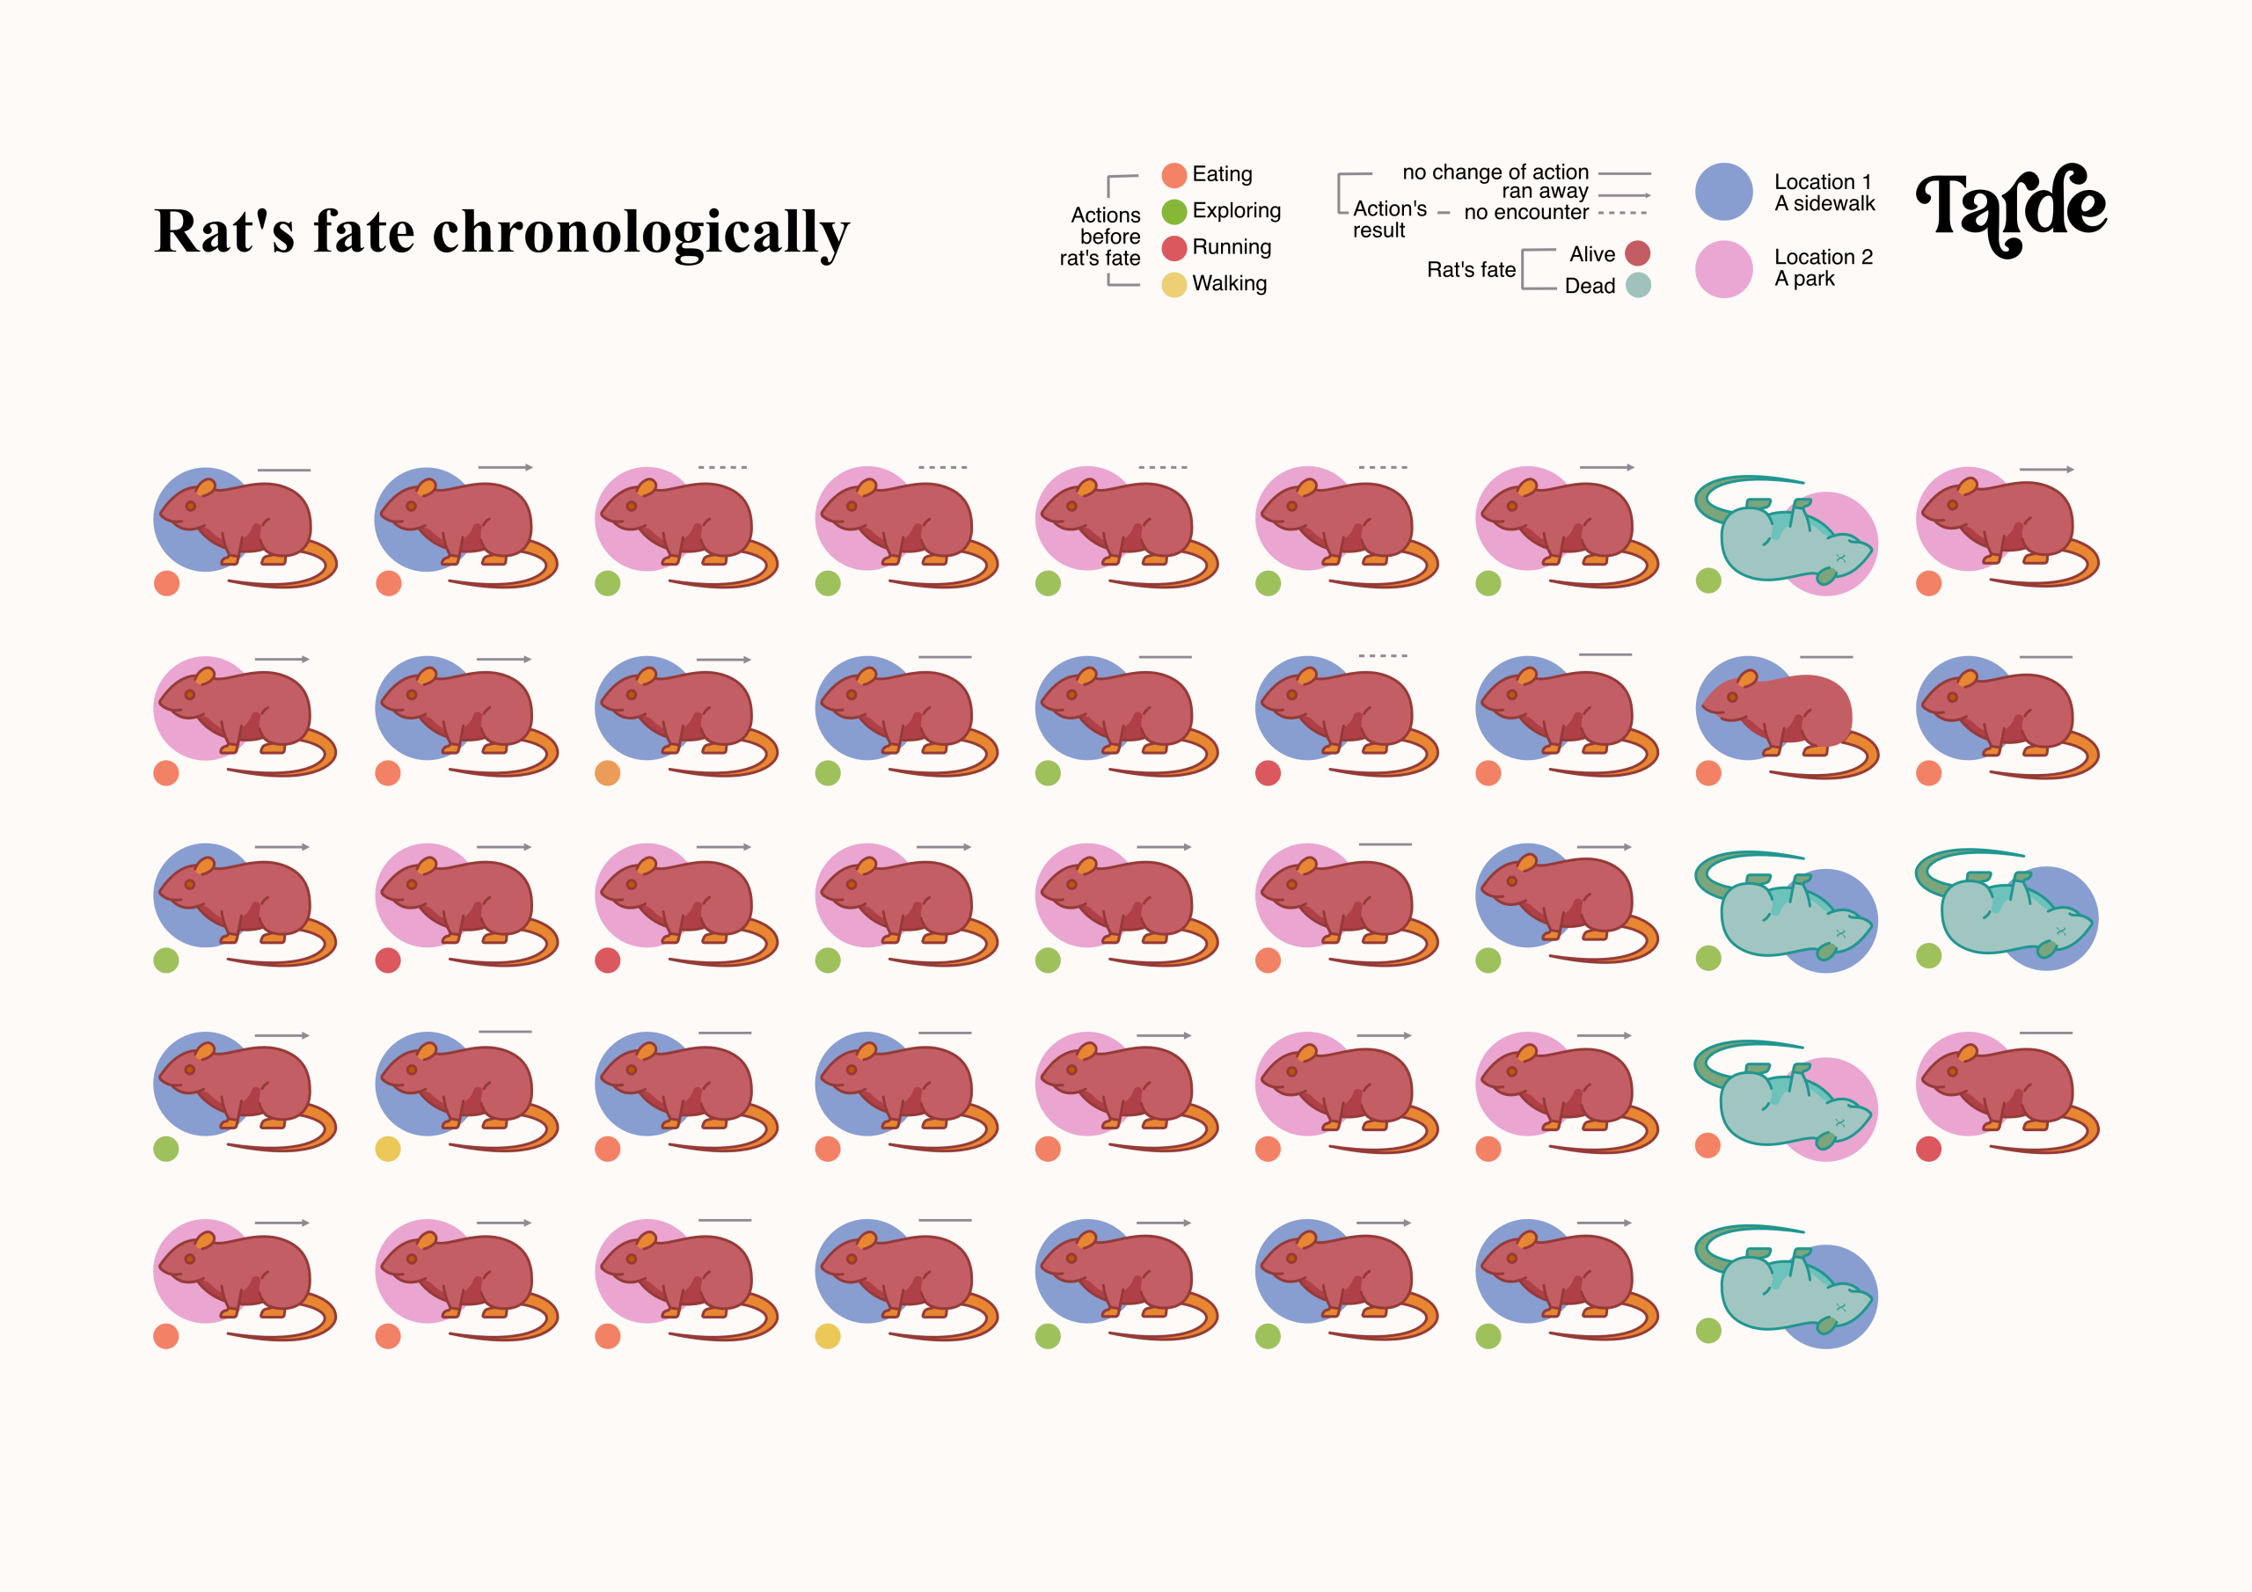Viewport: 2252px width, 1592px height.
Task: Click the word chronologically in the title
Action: click(x=640, y=233)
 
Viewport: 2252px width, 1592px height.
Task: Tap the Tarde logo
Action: click(x=2010, y=208)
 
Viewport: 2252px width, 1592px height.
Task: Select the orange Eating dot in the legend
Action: click(x=1174, y=176)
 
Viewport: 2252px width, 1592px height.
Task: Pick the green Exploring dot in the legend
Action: click(x=1174, y=212)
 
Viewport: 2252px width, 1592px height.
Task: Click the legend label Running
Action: click(x=1231, y=247)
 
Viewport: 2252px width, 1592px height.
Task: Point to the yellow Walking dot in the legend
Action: click(x=1174, y=284)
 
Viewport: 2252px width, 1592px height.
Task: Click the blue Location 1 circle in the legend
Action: click(x=1723, y=193)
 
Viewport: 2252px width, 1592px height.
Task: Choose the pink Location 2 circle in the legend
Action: click(x=1723, y=269)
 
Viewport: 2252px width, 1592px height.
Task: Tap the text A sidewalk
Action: click(x=1824, y=204)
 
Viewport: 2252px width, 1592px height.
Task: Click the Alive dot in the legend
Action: click(x=1637, y=254)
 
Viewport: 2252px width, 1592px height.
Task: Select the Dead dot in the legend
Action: click(x=1637, y=286)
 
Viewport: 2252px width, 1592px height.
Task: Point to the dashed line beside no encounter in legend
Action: click(x=1622, y=213)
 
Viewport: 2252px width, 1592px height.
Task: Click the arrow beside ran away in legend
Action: click(x=1624, y=195)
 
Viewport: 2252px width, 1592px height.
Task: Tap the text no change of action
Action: click(x=1495, y=172)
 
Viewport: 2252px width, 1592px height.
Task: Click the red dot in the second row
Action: click(x=1269, y=773)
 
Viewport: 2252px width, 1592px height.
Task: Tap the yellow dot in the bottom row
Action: click(x=828, y=1336)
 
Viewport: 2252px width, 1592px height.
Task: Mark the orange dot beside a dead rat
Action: click(x=1707, y=1146)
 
